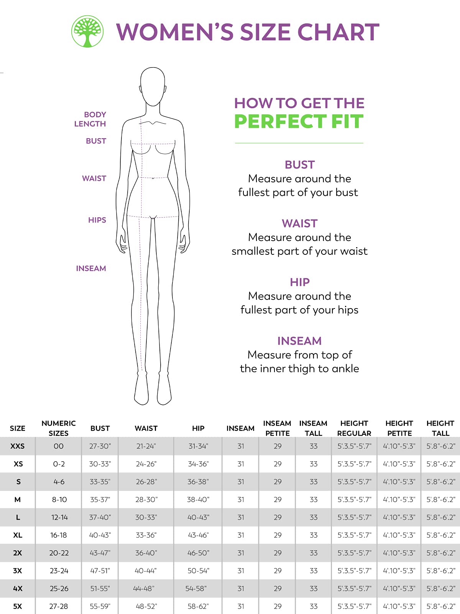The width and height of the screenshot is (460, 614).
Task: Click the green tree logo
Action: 87,31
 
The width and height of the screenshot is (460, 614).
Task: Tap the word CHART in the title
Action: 338,32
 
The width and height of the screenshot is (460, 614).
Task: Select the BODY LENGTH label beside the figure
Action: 90,119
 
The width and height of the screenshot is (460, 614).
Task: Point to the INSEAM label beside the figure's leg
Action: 91,269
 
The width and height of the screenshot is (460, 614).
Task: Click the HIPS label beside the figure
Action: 97,220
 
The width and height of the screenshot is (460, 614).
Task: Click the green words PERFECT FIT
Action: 299,122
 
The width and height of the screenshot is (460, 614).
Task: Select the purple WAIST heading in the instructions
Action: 299,223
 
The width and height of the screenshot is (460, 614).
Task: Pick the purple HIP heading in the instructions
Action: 299,282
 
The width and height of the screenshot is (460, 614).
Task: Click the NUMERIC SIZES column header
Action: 59,428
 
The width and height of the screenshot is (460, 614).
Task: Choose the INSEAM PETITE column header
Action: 277,428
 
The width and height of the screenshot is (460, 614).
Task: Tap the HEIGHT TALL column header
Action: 440,428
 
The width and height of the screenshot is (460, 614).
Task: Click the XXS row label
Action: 18,446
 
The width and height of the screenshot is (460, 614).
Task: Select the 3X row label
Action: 18,571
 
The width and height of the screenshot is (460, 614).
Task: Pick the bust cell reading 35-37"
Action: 100,500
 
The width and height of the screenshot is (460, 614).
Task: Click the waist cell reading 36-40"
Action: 146,553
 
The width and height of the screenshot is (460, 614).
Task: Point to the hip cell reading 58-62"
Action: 198,606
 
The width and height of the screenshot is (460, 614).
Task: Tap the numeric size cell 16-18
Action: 59,535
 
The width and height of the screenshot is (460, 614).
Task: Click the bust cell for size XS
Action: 100,464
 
